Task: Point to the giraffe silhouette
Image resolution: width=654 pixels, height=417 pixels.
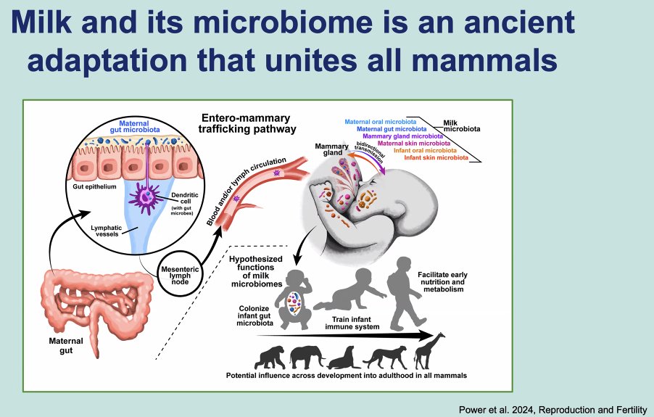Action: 429,352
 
